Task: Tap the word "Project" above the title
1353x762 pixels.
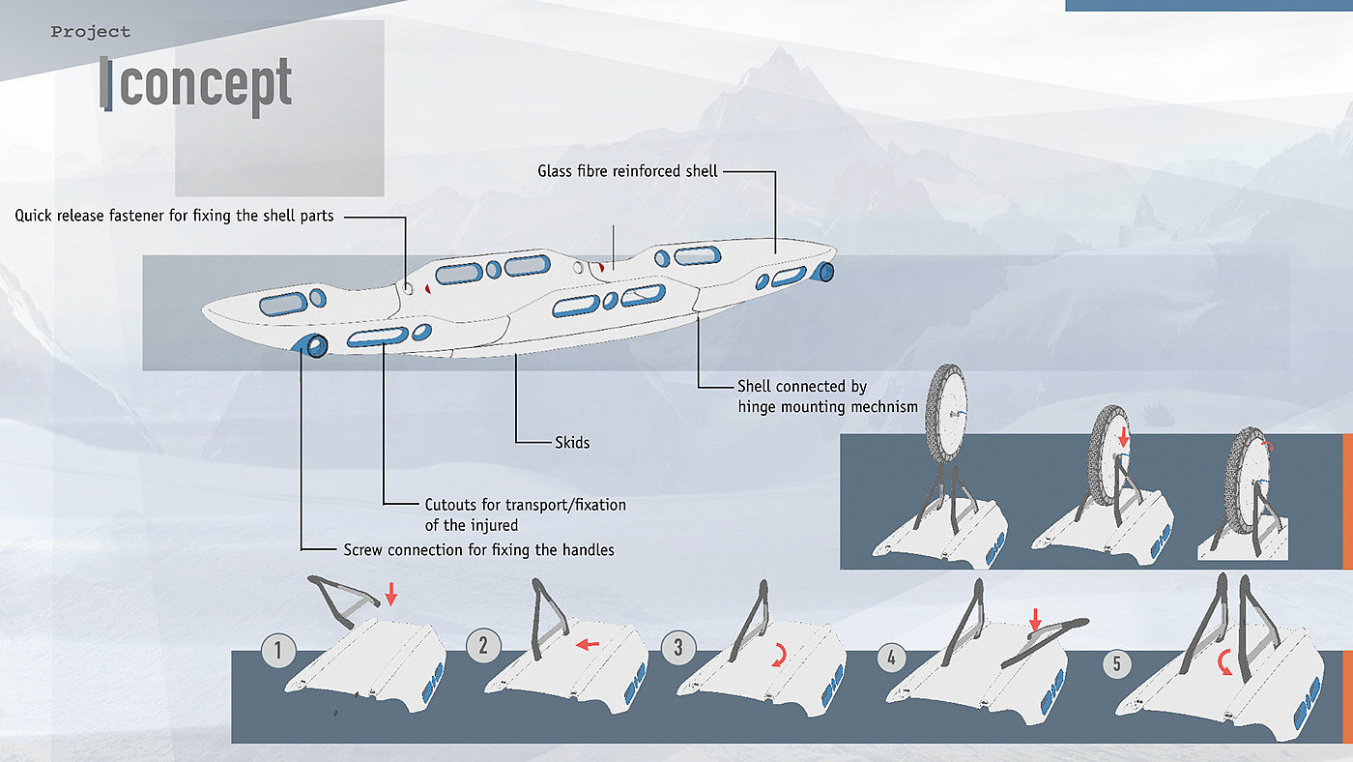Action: [x=91, y=32]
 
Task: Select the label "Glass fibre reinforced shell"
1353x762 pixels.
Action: [x=627, y=171]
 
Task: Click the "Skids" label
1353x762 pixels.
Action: [x=572, y=442]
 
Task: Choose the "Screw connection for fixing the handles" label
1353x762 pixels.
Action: [x=479, y=550]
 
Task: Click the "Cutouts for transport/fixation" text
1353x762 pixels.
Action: [x=526, y=505]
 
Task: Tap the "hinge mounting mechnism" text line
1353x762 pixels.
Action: [x=827, y=407]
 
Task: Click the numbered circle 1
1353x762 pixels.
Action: [x=278, y=651]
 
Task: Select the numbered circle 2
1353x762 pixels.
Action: [x=483, y=645]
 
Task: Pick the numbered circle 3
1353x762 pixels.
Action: [x=678, y=647]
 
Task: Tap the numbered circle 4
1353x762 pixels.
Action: [x=891, y=657]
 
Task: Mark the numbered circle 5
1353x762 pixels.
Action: [x=1116, y=664]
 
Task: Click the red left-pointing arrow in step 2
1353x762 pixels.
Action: [x=588, y=645]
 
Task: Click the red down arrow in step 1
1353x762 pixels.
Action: [x=391, y=594]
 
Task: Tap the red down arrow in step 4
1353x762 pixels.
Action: [x=1035, y=620]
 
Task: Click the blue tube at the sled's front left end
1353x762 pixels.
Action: [x=310, y=345]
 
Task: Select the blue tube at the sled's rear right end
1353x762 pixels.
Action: [x=823, y=272]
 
